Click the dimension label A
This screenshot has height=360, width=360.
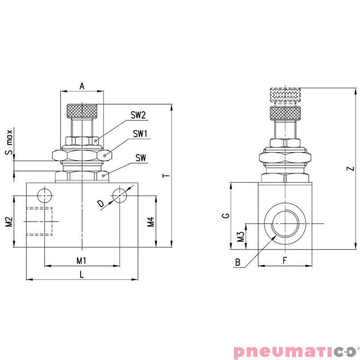pyautogui.click(x=82, y=85)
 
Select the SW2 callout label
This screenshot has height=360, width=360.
pyautogui.click(x=138, y=115)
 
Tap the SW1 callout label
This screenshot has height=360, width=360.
pyautogui.click(x=140, y=134)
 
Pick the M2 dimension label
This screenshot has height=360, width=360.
pyautogui.click(x=9, y=221)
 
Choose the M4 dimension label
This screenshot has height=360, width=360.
pyautogui.click(x=151, y=221)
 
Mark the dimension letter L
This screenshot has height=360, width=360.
pyautogui.click(x=81, y=274)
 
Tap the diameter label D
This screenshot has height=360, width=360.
pyautogui.click(x=101, y=204)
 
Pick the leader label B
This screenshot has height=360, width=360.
pyautogui.click(x=238, y=261)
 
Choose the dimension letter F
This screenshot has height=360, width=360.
pyautogui.click(x=284, y=260)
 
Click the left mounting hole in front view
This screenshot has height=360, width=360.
pyautogui.click(x=45, y=196)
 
